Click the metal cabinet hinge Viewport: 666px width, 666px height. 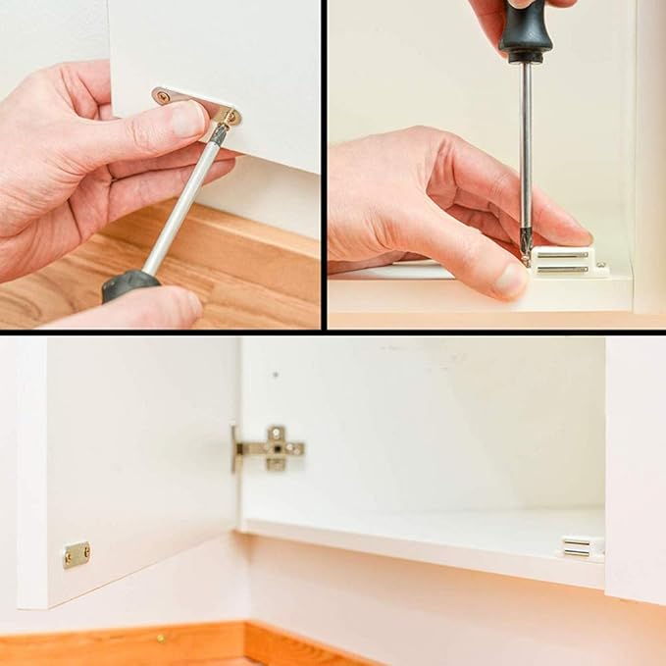(x=272, y=448)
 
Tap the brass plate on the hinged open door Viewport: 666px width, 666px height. (x=77, y=554)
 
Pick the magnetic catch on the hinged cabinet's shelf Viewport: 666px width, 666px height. (x=577, y=546)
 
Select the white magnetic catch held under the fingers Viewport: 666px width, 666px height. (x=567, y=260)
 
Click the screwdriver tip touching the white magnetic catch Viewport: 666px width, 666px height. (x=527, y=257)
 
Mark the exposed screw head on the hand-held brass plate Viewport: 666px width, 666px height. (x=162, y=97)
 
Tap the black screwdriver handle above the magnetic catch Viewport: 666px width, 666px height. (x=526, y=28)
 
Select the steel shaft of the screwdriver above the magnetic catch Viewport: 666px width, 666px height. (x=527, y=147)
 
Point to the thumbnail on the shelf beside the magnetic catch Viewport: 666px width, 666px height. (x=510, y=280)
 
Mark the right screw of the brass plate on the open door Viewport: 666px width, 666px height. (x=86, y=551)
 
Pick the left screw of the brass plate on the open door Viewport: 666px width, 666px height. (x=68, y=559)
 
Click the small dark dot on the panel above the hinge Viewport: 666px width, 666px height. (x=276, y=375)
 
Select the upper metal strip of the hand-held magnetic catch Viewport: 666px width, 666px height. (x=562, y=254)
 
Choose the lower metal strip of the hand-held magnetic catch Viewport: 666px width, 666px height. (x=562, y=267)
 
